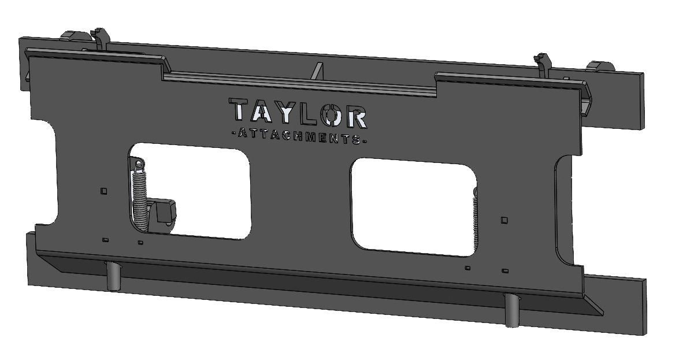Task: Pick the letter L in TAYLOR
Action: point(306,114)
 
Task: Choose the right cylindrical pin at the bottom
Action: point(511,310)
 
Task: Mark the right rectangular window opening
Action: point(413,209)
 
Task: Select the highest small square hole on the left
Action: point(103,191)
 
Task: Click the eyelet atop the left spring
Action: point(138,166)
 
